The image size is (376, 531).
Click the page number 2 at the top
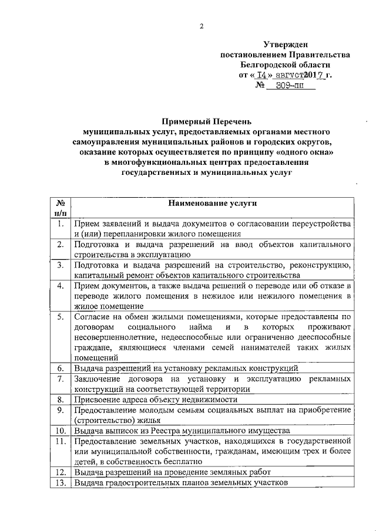click(201, 26)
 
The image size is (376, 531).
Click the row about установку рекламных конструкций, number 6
click(186, 368)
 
